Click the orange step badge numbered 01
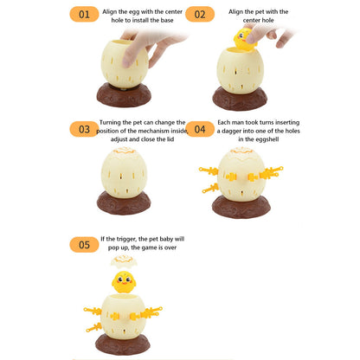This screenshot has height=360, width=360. [x=84, y=14]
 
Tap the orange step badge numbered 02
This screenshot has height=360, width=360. [x=200, y=14]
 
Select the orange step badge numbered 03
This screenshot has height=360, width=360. [x=84, y=129]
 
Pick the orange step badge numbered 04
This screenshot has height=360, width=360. [x=200, y=129]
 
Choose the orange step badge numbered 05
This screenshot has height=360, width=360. [x=84, y=245]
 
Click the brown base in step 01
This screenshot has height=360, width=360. [x=124, y=96]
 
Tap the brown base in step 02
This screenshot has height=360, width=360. [x=240, y=100]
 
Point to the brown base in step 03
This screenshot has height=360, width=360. [x=124, y=203]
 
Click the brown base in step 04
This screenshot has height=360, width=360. [x=241, y=207]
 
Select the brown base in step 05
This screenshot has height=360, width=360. [x=123, y=344]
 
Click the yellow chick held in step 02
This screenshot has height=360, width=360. [x=244, y=39]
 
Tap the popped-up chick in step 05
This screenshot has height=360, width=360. [x=124, y=282]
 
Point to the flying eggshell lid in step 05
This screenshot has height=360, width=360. [x=124, y=260]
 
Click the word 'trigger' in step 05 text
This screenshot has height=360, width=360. [x=126, y=239]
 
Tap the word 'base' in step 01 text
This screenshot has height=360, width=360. [x=167, y=20]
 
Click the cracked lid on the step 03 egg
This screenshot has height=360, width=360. [x=124, y=151]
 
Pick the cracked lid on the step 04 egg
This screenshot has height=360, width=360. [x=241, y=151]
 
